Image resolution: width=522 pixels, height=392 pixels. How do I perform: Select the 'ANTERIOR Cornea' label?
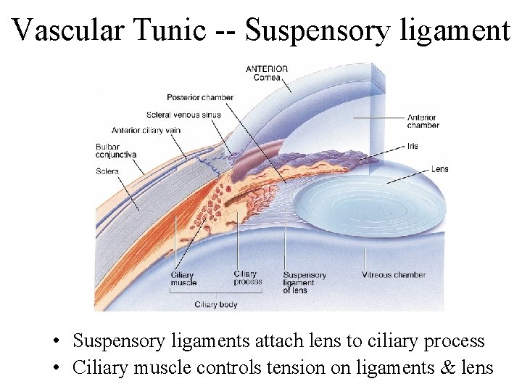[267, 73]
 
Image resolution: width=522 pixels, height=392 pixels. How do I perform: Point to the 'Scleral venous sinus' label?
[183, 115]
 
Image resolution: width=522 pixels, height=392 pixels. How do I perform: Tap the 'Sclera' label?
[107, 171]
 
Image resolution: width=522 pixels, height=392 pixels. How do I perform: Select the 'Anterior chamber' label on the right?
[423, 121]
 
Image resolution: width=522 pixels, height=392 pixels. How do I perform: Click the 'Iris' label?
[413, 146]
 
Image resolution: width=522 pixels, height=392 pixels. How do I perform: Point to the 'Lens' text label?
[439, 169]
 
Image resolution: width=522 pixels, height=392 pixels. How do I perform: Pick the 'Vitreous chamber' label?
[394, 275]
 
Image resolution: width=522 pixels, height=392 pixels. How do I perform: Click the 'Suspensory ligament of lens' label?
[304, 282]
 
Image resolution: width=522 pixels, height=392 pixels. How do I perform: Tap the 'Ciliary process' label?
[247, 278]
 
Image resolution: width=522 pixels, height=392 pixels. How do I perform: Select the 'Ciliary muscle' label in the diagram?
[183, 279]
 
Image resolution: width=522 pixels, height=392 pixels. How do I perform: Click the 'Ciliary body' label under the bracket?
[216, 305]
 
